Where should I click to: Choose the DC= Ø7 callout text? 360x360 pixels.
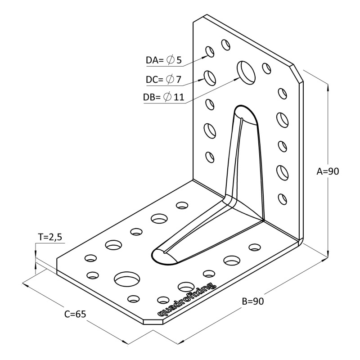(x=163, y=80)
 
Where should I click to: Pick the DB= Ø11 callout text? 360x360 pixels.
(x=164, y=97)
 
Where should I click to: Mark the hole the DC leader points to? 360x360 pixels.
(x=210, y=77)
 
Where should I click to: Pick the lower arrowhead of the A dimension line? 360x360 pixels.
(x=328, y=256)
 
